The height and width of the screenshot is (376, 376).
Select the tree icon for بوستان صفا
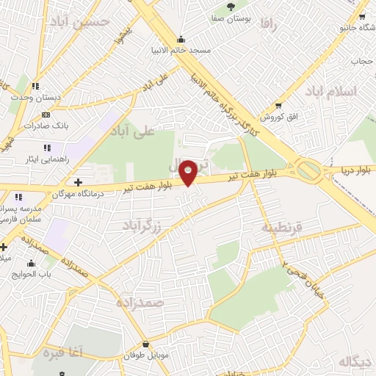click(231, 6)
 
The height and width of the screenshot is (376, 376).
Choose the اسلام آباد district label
click(350, 91)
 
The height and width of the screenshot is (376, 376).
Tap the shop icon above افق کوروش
click(278, 106)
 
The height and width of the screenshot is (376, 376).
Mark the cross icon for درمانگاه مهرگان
click(79, 181)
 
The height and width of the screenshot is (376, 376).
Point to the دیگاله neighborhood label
click(356, 361)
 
